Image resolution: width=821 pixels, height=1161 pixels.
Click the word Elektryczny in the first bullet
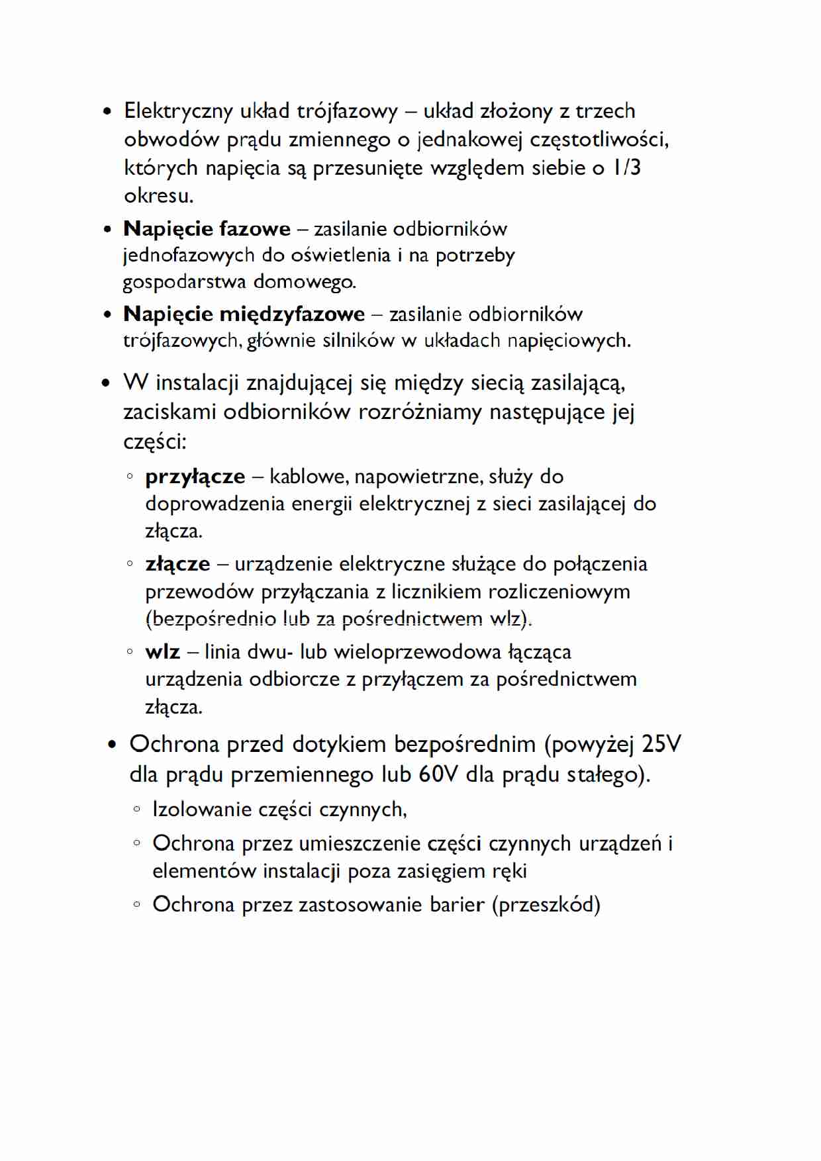177,111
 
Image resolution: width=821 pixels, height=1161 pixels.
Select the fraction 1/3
626,167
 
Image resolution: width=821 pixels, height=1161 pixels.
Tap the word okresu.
158,196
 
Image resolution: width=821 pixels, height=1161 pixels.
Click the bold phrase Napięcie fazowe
207,229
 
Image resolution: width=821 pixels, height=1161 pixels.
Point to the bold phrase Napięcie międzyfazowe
244,314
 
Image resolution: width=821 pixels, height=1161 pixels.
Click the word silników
358,340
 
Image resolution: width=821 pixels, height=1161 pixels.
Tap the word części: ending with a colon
155,441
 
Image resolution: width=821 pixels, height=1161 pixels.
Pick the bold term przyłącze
195,477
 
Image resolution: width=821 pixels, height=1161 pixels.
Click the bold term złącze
177,564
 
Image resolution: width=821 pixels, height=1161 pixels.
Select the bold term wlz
162,652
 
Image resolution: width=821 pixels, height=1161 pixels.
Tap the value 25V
661,744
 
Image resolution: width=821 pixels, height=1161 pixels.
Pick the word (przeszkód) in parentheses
546,904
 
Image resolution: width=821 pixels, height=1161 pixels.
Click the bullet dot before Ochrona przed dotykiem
112,745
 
